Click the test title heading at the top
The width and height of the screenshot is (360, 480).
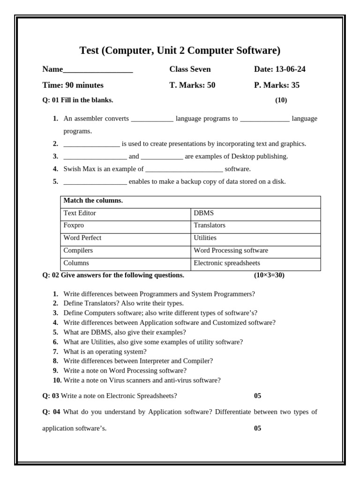pyautogui.click(x=180, y=51)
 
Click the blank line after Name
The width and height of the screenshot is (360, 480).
pyautogui.click(x=98, y=70)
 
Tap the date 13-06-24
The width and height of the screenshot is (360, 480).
pyautogui.click(x=290, y=69)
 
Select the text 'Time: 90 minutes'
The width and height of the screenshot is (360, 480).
pyautogui.click(x=73, y=85)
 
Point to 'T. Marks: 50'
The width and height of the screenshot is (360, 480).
pyautogui.click(x=192, y=85)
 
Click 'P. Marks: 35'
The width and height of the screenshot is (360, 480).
pyautogui.click(x=277, y=85)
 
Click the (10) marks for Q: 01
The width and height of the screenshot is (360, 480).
pyautogui.click(x=281, y=100)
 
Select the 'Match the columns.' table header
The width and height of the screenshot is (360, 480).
pyautogui.click(x=93, y=201)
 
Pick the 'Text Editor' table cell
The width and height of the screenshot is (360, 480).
pyautogui.click(x=80, y=213)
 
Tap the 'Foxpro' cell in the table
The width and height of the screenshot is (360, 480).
pyautogui.click(x=74, y=225)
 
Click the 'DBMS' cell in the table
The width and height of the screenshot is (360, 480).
pyautogui.click(x=203, y=213)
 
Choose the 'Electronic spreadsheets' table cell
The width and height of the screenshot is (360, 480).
pyautogui.click(x=226, y=263)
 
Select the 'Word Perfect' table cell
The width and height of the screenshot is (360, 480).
pyautogui.click(x=82, y=238)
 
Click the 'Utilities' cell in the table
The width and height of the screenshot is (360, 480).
pyautogui.click(x=205, y=238)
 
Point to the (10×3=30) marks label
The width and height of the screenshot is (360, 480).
pyautogui.click(x=269, y=275)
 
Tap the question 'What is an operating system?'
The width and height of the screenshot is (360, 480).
pyautogui.click(x=105, y=352)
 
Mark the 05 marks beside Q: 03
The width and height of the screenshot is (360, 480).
pyautogui.click(x=257, y=396)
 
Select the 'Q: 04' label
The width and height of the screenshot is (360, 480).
pyautogui.click(x=51, y=412)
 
